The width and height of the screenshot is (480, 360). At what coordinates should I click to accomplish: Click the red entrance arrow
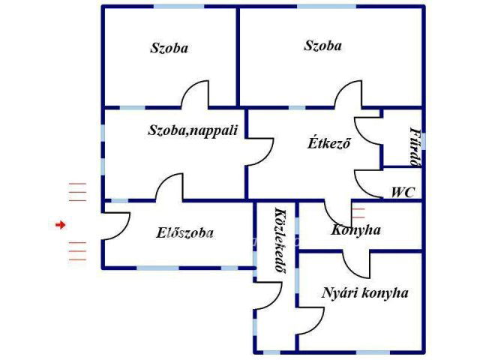(x=61, y=224)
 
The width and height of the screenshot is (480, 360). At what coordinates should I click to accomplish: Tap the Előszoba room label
(x=184, y=232)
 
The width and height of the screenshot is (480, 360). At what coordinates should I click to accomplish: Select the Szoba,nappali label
(x=193, y=130)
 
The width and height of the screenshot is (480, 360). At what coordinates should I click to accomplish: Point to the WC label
(x=403, y=192)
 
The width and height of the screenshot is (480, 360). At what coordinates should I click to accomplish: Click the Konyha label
(x=356, y=229)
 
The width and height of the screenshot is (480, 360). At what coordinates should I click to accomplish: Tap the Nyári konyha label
(x=365, y=292)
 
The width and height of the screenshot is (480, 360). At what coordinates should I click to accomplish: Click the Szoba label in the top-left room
(x=169, y=48)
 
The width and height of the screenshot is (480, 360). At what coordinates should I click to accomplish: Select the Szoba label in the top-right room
(x=322, y=45)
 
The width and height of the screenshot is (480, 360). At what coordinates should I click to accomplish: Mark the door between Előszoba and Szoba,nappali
(x=169, y=189)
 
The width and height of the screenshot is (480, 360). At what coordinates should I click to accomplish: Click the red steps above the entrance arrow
(x=77, y=193)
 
